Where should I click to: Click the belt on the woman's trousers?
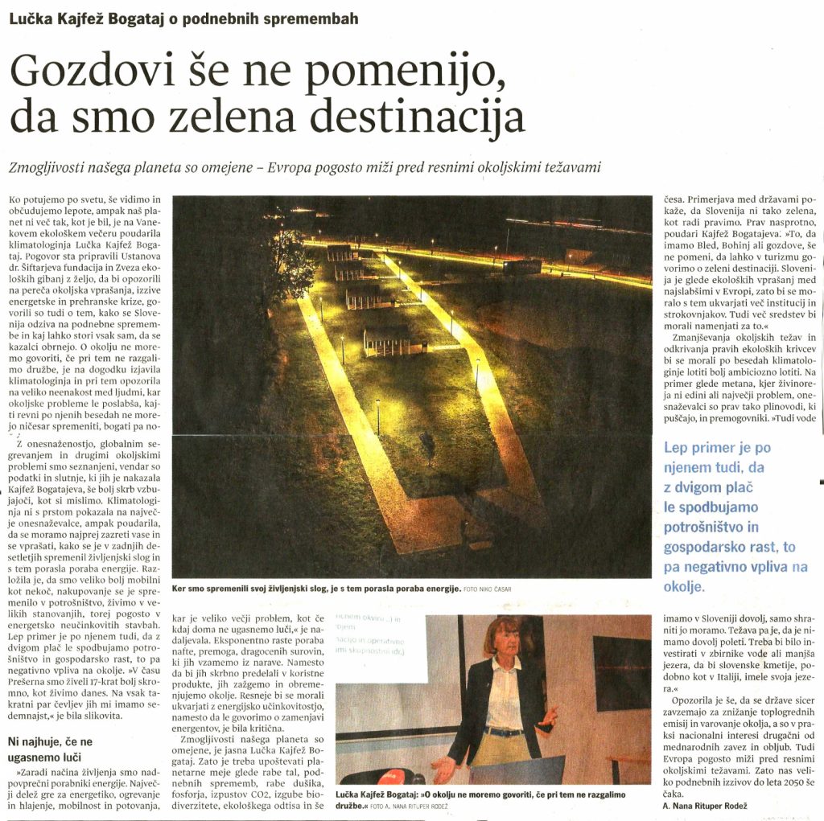504,731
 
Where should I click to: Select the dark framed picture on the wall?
621,672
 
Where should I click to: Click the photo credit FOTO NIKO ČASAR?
488,589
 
